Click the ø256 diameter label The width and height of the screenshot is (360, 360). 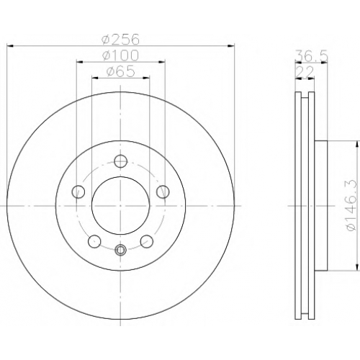pos(120,39)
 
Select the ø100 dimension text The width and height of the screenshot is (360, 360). pos(120,55)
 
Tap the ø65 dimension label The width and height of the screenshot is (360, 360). pos(120,71)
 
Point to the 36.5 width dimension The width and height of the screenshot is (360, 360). pos(311,56)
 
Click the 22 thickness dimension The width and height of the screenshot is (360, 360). pos(305,72)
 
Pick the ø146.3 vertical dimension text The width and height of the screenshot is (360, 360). pos(352,204)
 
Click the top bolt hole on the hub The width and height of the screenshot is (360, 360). pos(120,161)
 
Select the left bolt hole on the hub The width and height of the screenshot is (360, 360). pos(78,192)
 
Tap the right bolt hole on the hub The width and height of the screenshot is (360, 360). pos(163,192)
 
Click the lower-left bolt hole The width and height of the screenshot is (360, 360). pos(94,241)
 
